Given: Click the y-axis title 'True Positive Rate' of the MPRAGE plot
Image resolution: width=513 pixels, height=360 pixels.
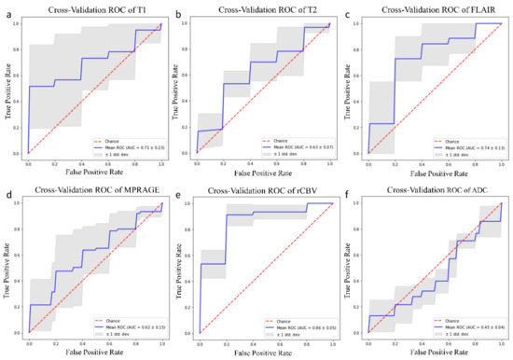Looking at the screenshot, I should click(x=7, y=270).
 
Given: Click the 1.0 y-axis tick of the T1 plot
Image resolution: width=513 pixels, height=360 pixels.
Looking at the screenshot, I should click(x=18, y=25).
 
